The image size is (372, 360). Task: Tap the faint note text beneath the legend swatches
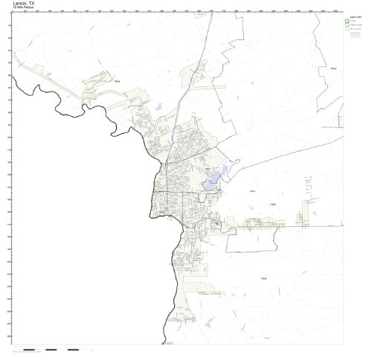(352, 36)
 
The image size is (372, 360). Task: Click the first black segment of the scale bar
(29, 349)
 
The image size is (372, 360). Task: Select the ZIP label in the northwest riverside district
(118, 82)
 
